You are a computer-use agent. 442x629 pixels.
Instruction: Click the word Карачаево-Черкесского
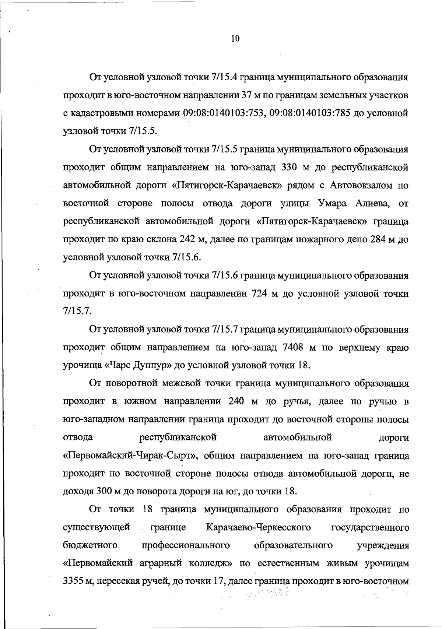259,527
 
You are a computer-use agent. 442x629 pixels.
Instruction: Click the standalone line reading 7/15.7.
77,312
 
